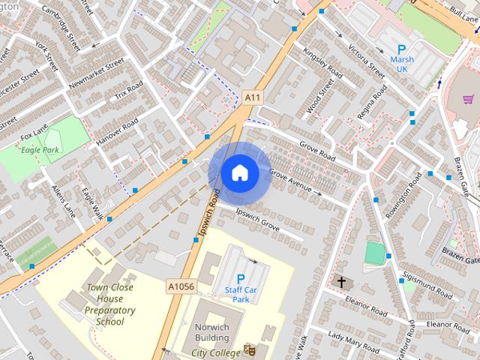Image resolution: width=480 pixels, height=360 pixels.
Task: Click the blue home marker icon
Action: tap(239, 172)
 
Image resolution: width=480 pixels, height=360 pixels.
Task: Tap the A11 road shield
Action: tap(253, 97)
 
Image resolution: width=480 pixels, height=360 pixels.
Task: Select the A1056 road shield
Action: tap(181, 286)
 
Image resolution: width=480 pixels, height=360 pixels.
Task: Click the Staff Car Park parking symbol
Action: tap(241, 278)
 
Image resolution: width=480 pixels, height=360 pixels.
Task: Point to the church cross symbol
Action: tap(341, 282)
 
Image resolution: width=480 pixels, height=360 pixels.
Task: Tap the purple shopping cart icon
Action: tap(469, 98)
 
